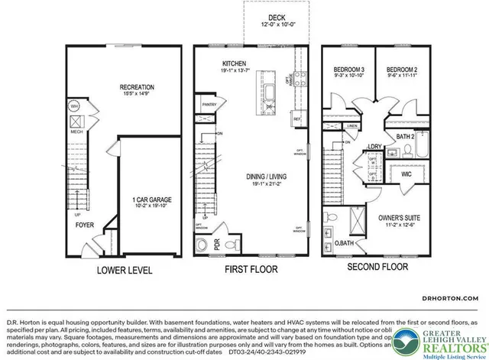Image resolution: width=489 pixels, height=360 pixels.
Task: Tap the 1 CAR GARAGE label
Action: [x=151, y=199]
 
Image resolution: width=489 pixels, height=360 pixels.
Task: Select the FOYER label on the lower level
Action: [x=85, y=226]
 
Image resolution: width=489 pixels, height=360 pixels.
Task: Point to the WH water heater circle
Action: [x=76, y=106]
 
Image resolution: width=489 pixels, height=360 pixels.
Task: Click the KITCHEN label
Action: [x=234, y=63]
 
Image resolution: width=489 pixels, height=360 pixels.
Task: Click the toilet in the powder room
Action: [x=202, y=245]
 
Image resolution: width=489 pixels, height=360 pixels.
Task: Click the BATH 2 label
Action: [x=406, y=136]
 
